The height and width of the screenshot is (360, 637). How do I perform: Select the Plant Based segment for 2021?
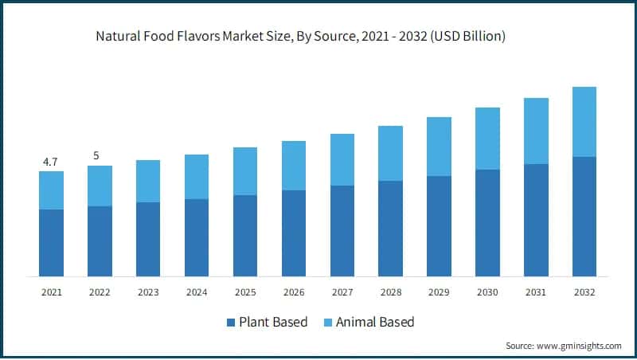pyautogui.click(x=51, y=243)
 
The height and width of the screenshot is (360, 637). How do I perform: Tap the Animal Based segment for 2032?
pyautogui.click(x=584, y=122)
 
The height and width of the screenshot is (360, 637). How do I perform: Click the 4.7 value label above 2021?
pyautogui.click(x=51, y=162)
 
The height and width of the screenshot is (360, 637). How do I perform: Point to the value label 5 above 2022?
pyautogui.click(x=96, y=156)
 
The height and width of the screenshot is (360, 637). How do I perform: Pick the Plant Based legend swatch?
pyautogui.click(x=231, y=323)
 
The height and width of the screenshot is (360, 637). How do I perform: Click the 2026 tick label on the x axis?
pyautogui.click(x=294, y=293)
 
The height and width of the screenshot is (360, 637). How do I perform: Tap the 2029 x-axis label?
pyautogui.click(x=439, y=293)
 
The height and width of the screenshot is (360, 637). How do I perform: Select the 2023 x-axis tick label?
pyautogui.click(x=148, y=293)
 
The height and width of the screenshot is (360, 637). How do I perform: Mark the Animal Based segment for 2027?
pyautogui.click(x=342, y=159)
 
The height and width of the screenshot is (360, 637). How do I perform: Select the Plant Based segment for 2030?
pyautogui.click(x=487, y=223)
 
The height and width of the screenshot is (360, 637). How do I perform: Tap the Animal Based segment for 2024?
pyautogui.click(x=197, y=177)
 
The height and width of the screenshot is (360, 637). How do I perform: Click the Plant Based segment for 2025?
pyautogui.click(x=245, y=236)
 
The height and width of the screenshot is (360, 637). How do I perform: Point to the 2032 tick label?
pyautogui.click(x=584, y=293)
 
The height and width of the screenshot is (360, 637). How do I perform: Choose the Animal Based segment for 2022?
pyautogui.click(x=100, y=186)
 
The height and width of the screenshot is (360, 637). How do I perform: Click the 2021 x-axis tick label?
pyautogui.click(x=51, y=293)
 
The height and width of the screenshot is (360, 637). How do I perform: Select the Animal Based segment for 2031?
pyautogui.click(x=536, y=131)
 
